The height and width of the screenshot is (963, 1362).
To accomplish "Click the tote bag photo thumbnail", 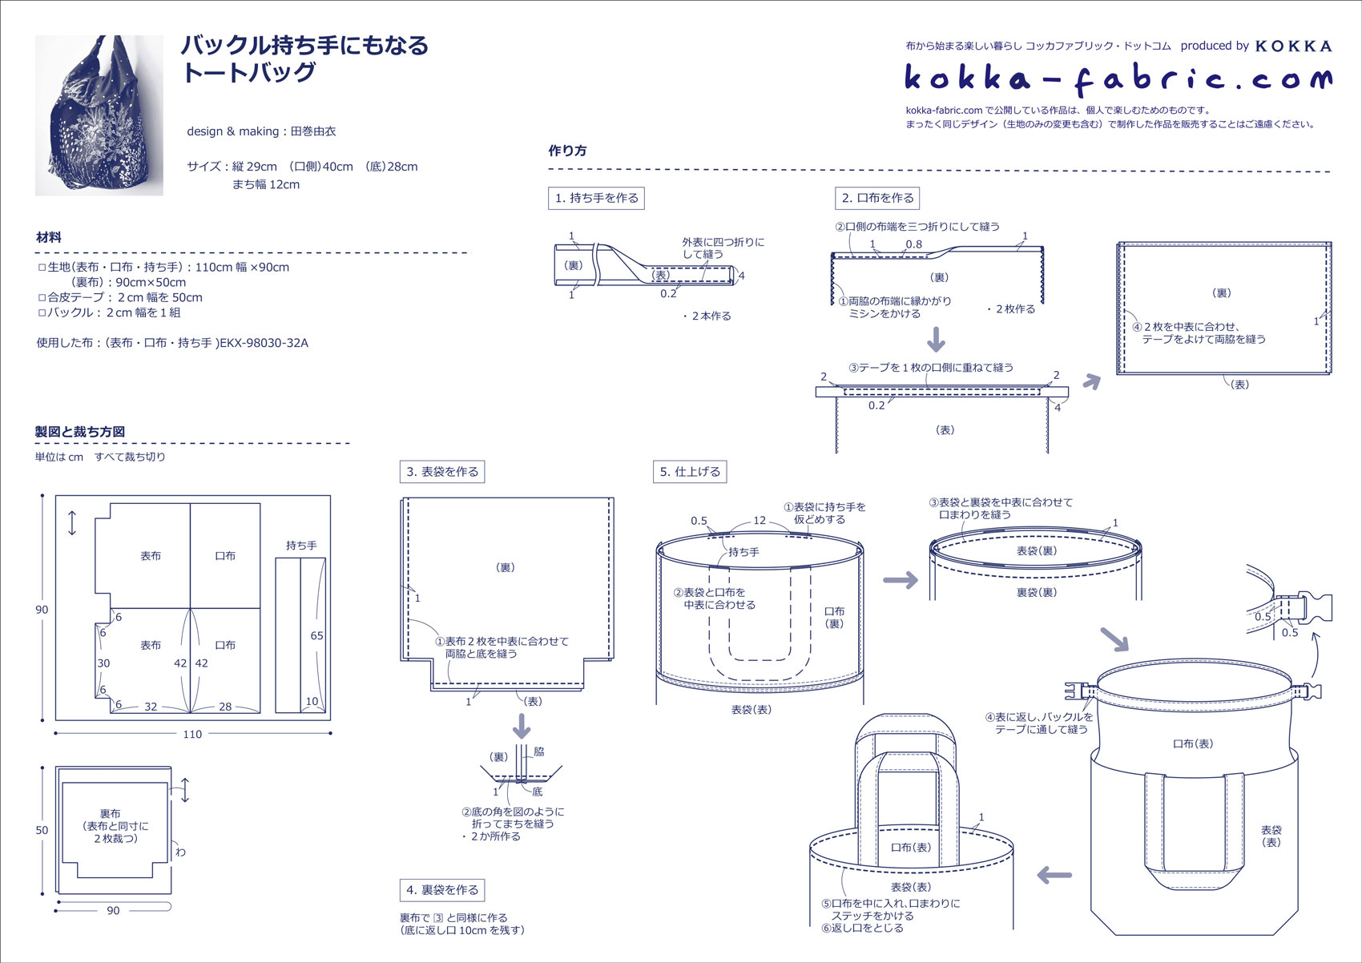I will click(99, 115).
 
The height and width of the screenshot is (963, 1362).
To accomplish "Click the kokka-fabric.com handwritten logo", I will click(1118, 79).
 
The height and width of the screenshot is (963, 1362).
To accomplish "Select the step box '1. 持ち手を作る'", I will click(597, 198).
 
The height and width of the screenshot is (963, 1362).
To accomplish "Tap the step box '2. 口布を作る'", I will click(877, 198).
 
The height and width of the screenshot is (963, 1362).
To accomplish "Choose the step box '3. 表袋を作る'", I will click(442, 472).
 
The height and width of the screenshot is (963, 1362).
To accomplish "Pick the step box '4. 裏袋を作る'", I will click(442, 890).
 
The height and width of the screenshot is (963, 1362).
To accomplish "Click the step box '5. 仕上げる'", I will click(690, 472).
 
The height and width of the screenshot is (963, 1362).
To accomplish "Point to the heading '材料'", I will click(48, 237).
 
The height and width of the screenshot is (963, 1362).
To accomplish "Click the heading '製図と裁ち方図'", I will click(80, 432).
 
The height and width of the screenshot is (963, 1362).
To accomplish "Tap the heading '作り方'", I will click(567, 151).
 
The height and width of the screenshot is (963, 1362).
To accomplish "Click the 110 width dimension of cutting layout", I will click(192, 734).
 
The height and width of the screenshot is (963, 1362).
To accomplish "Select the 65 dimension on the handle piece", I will click(316, 635).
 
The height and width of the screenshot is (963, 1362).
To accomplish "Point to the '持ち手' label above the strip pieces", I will click(301, 546).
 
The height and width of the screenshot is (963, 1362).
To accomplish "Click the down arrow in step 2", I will click(936, 340).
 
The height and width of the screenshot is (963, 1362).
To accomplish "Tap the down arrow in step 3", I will click(522, 726).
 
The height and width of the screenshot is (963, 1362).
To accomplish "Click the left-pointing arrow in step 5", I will click(1054, 875).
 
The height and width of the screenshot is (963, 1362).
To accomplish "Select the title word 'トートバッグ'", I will click(249, 73).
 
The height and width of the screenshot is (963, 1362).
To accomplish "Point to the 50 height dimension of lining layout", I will click(42, 830).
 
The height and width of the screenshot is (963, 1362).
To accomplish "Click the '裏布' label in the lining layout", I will click(111, 813).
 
